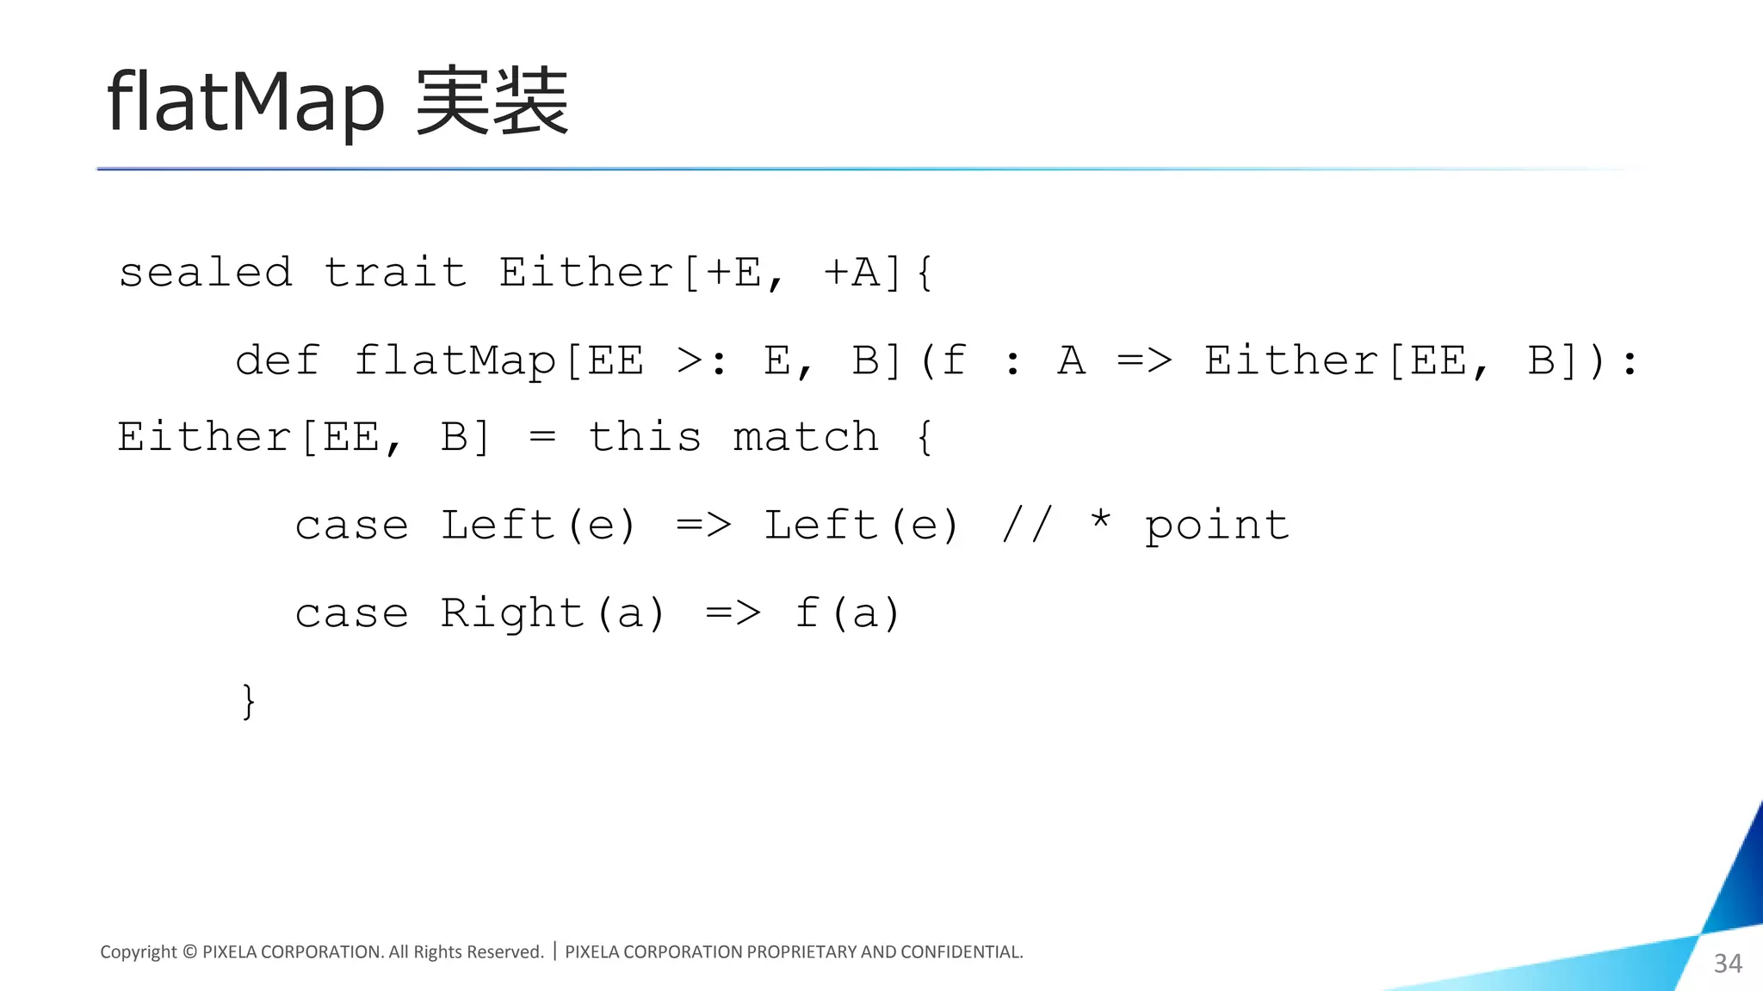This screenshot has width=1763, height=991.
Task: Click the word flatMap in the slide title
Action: click(244, 102)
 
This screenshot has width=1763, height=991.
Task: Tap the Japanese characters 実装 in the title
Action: click(492, 102)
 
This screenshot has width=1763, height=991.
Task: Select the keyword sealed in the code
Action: click(206, 273)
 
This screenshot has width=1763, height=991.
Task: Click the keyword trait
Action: click(395, 273)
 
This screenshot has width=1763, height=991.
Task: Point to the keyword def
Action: click(277, 360)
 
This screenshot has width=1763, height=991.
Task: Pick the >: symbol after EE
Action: click(701, 360)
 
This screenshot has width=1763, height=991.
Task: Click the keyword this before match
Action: click(645, 437)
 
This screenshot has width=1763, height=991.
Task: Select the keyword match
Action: click(806, 437)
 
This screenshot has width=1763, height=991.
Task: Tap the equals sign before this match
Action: click(542, 438)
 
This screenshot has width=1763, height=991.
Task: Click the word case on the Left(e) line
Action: click(351, 526)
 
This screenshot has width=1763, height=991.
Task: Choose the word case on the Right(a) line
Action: click(351, 613)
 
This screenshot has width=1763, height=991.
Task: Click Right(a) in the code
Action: click(553, 613)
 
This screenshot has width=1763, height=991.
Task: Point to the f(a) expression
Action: click(847, 613)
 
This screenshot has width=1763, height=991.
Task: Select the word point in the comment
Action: click(1217, 526)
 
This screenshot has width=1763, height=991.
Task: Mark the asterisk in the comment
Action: click(1100, 520)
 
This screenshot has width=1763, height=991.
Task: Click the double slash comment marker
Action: click(1027, 525)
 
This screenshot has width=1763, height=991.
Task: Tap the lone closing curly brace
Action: click(249, 701)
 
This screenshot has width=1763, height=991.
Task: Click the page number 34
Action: click(1728, 963)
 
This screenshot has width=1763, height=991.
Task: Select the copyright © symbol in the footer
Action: click(189, 951)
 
